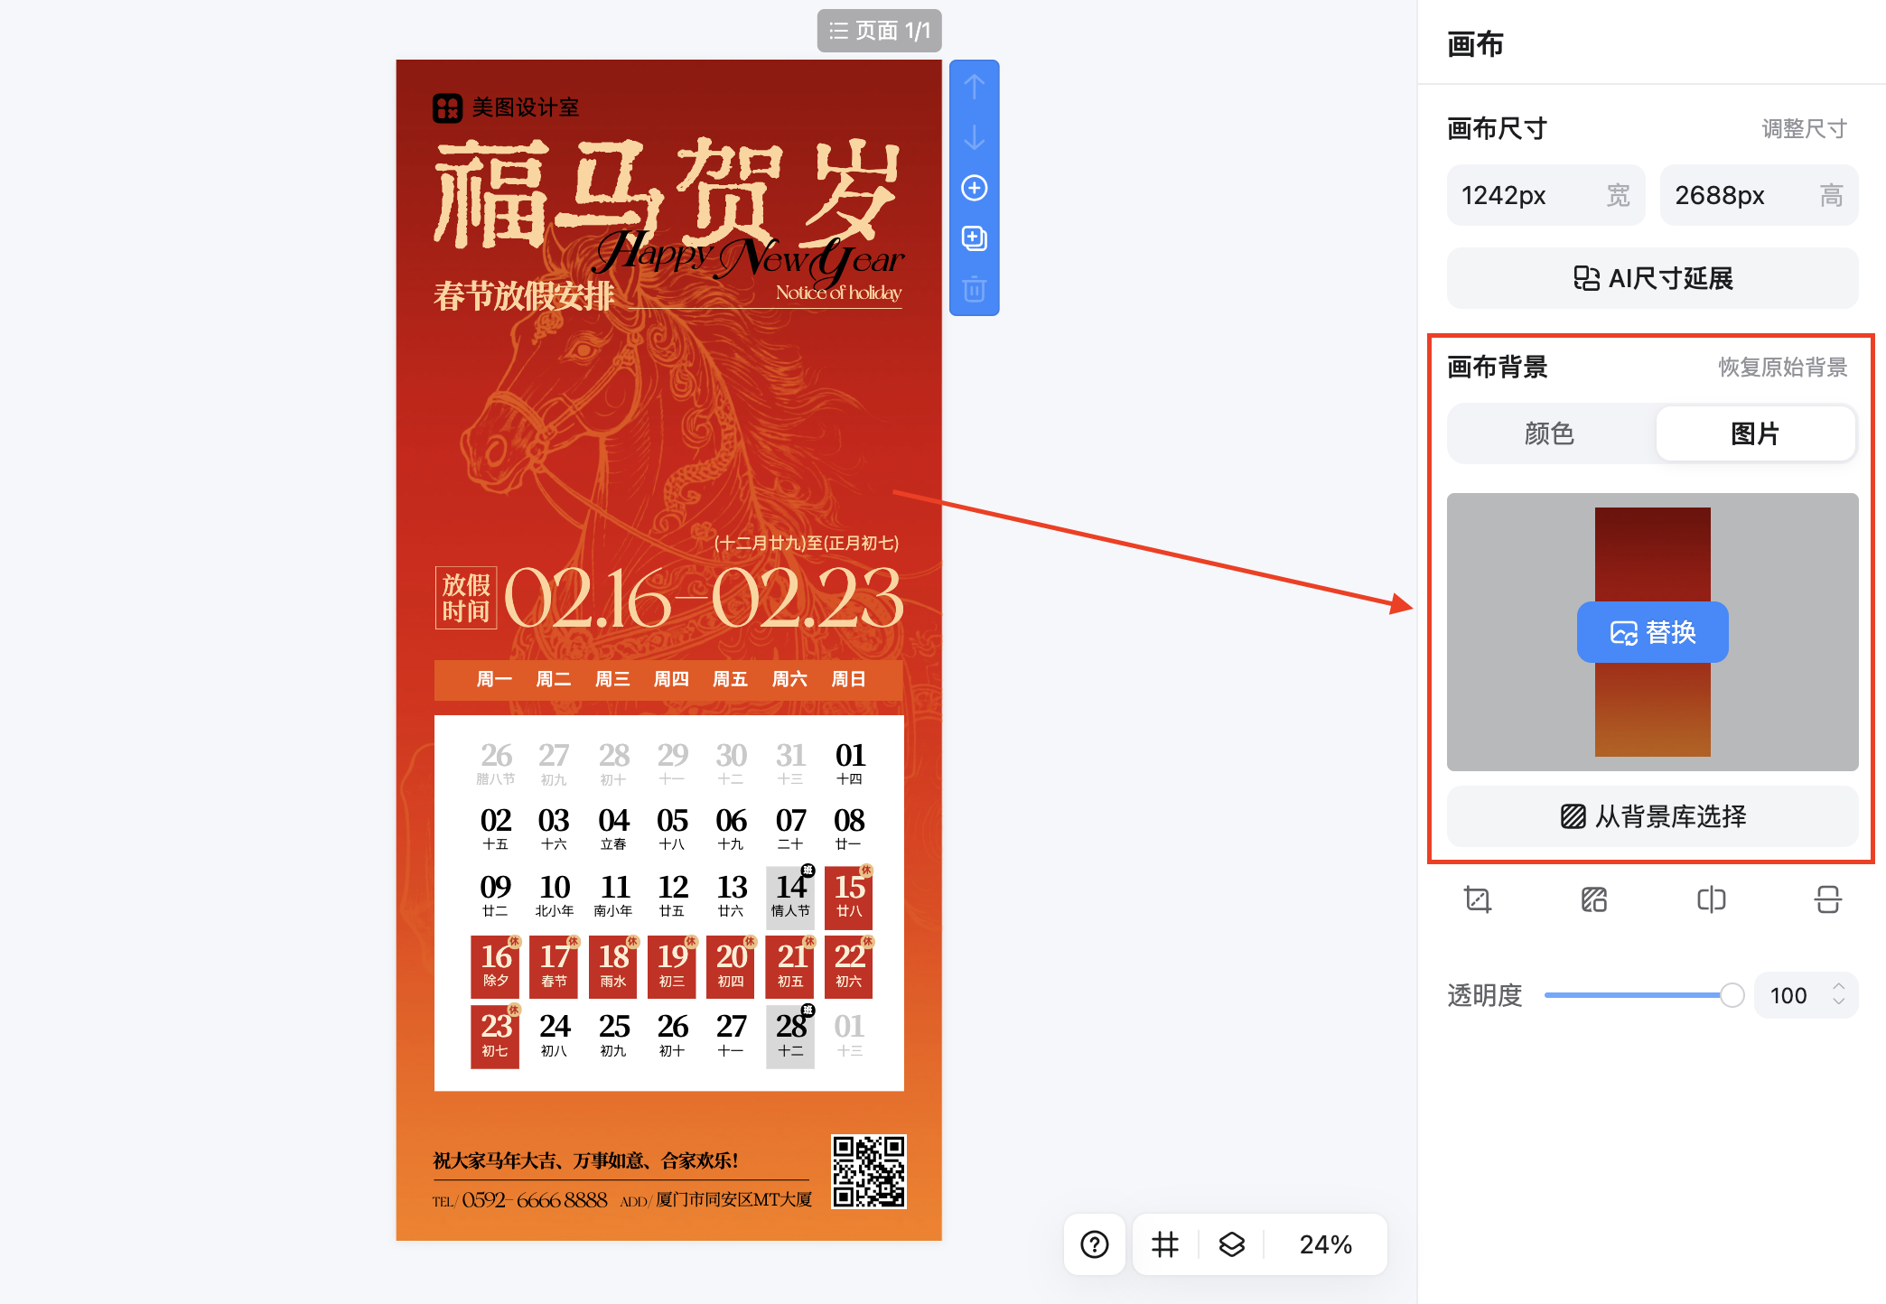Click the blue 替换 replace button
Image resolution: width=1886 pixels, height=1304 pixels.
tap(1652, 632)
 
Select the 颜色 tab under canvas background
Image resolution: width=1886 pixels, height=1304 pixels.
tap(1549, 434)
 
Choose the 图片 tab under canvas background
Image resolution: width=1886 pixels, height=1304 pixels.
tap(1754, 434)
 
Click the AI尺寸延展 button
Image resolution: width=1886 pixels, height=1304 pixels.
tap(1652, 278)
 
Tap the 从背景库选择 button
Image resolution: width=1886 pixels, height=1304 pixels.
tap(1652, 816)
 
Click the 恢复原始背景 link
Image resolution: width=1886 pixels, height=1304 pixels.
tap(1782, 368)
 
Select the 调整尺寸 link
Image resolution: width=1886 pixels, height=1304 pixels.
tap(1804, 129)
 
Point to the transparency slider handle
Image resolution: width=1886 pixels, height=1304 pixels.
tap(1732, 995)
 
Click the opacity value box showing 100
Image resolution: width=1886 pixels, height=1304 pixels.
tap(1788, 995)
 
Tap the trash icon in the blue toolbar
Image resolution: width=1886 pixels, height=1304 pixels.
tap(974, 289)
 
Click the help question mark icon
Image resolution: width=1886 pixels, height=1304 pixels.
tap(1095, 1244)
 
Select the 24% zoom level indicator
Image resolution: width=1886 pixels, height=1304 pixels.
tap(1325, 1244)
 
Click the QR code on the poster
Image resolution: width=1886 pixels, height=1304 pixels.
tap(868, 1171)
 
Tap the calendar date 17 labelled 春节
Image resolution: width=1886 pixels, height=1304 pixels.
tap(555, 965)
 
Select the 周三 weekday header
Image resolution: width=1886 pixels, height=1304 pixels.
tap(612, 679)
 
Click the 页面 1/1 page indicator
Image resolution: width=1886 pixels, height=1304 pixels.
tap(880, 31)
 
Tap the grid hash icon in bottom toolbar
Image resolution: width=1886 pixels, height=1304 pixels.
tap(1165, 1244)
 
